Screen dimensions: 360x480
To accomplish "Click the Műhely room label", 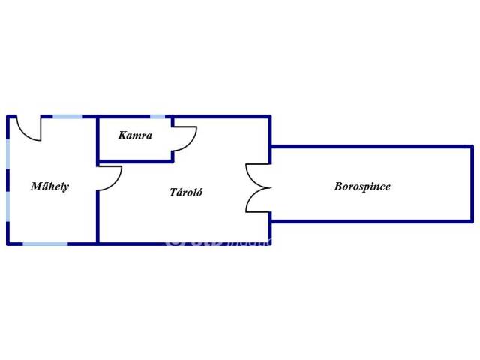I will [49, 187].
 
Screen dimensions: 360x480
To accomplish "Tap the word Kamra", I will [135, 136].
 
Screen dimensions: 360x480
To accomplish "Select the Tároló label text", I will [185, 192].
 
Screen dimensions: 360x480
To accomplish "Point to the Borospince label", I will [362, 187].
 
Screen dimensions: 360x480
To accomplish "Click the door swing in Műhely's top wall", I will [30, 130].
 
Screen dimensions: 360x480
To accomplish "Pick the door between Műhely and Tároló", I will [109, 178].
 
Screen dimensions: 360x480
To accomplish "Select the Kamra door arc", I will [184, 137].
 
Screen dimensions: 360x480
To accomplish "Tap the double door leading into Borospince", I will [258, 187].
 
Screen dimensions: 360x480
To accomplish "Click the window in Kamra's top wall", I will [157, 116].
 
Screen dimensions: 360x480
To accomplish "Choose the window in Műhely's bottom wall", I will [44, 243].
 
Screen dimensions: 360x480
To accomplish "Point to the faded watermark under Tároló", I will [217, 241].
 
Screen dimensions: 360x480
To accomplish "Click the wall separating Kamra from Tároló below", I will [135, 160].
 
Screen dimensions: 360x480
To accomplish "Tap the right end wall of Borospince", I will [472, 184].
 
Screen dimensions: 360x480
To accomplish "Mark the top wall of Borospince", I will [371, 146].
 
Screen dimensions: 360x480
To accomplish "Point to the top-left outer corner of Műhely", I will [8, 116].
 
